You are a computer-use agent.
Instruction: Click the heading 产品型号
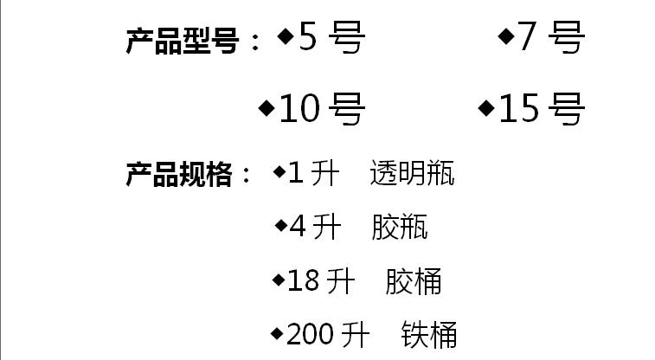[182, 41]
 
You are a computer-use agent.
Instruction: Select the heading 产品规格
[179, 176]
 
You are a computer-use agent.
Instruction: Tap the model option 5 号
[331, 39]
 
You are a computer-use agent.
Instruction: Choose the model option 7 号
[551, 39]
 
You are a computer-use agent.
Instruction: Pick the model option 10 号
[321, 110]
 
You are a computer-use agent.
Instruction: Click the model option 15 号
[542, 110]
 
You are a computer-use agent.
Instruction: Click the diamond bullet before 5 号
[286, 36]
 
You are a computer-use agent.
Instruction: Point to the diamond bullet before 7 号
[506, 36]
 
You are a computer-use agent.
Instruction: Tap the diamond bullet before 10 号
[266, 108]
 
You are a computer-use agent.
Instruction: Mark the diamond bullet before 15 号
[486, 108]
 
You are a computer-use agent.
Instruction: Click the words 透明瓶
[412, 174]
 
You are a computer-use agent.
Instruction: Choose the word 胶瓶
[400, 228]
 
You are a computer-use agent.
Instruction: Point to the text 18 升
[321, 281]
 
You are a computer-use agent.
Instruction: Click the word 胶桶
[414, 281]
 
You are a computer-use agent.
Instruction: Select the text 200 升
[328, 334]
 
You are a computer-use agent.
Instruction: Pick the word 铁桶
[429, 334]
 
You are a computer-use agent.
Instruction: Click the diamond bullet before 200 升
[277, 332]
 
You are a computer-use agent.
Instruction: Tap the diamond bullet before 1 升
[279, 172]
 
